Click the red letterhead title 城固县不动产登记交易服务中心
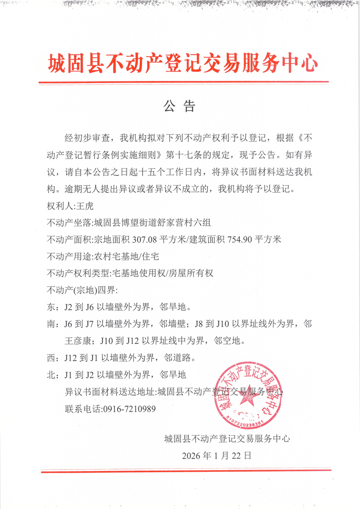point(183,64)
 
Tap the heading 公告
point(179,106)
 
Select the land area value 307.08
point(157,240)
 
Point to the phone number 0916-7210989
point(130,409)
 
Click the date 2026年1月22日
point(216,455)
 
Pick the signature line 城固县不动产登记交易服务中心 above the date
point(227,438)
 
